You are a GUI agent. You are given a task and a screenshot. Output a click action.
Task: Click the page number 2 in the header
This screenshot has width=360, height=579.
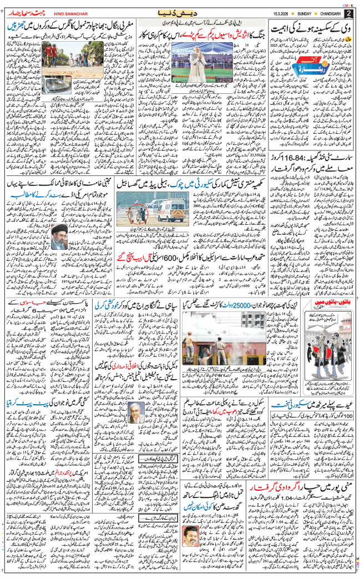click(348, 13)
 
